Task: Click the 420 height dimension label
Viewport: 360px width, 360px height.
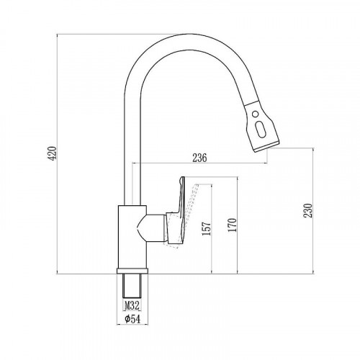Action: pos(53,153)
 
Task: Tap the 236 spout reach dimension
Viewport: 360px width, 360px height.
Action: pos(199,158)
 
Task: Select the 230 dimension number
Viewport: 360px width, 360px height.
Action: pos(308,210)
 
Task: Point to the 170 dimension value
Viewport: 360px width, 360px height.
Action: pos(233,225)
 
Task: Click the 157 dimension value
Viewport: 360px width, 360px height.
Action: pos(207,228)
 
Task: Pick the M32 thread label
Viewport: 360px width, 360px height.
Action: pos(132,306)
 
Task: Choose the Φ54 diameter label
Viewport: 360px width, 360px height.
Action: pos(132,319)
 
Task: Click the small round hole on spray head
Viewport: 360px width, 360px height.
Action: pos(256,114)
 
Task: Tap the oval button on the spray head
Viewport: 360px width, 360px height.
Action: pos(261,129)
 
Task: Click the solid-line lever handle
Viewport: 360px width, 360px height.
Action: pos(177,214)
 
